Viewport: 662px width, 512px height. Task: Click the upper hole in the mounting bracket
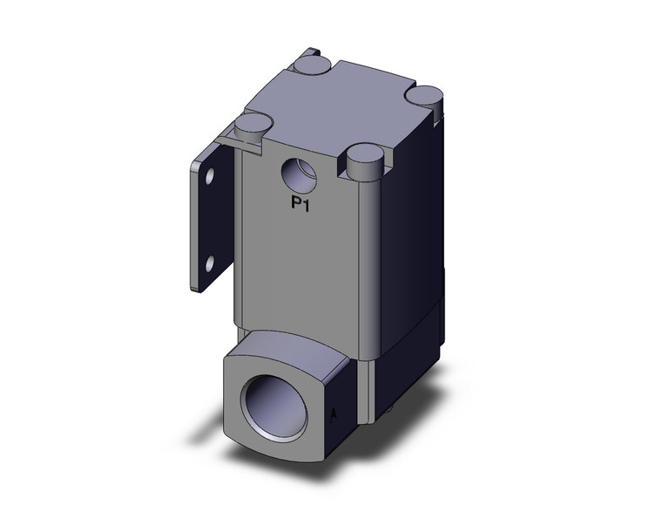tap(209, 179)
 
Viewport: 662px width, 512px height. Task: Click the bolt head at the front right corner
tap(362, 158)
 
